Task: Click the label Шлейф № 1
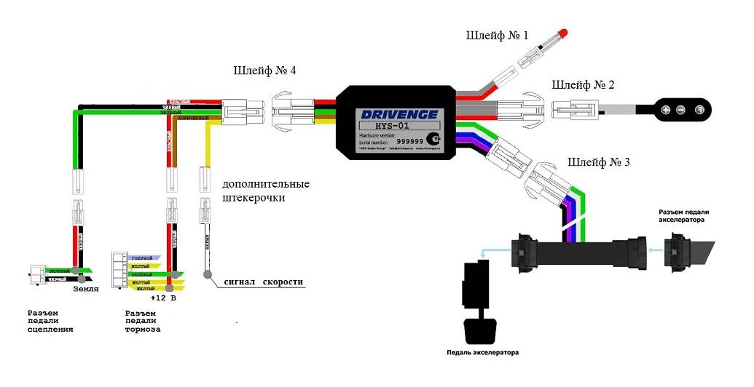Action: pos(498,35)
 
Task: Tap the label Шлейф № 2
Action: pos(583,85)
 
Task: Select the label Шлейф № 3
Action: pos(598,161)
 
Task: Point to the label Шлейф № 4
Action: pos(264,71)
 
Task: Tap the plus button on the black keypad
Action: pos(665,110)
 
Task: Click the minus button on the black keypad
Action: pos(680,110)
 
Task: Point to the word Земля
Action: pos(86,289)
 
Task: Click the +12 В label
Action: pos(164,298)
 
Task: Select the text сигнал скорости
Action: pos(263,282)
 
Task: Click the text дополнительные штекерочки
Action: pos(266,191)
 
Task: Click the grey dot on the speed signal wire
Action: pos(208,275)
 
